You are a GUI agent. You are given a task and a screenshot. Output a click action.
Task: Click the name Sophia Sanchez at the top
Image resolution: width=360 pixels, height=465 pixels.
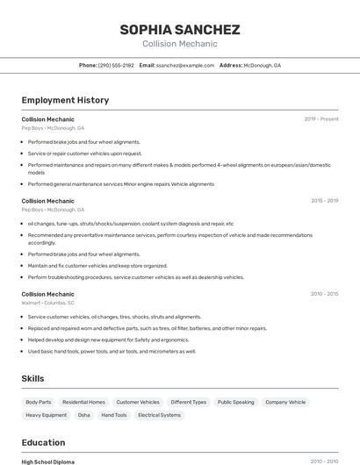180,30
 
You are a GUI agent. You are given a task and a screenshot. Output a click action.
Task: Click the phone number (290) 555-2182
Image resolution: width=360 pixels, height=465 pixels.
116,65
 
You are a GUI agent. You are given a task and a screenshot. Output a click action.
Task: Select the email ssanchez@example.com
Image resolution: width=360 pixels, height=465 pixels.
185,65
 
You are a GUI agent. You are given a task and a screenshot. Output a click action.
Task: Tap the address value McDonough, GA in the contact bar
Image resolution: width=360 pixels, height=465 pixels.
262,65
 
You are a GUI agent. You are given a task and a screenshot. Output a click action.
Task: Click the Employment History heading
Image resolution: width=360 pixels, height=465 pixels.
65,100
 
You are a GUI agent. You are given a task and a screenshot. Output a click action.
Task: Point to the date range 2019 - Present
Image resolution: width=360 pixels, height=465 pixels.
321,118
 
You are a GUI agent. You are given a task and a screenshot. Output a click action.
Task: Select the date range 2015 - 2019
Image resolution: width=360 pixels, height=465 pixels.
324,201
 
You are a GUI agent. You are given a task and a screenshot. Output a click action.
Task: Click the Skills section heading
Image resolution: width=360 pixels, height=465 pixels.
33,378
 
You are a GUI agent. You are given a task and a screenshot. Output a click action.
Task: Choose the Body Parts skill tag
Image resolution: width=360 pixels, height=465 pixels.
39,402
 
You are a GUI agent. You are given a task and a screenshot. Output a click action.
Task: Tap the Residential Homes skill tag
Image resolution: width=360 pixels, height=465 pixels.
84,402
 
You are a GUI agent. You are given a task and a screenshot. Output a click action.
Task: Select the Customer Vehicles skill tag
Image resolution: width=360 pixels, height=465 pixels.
138,402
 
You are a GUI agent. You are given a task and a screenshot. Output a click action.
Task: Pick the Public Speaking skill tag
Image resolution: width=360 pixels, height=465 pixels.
235,402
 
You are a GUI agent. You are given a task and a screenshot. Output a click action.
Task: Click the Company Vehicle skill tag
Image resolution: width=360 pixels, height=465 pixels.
285,402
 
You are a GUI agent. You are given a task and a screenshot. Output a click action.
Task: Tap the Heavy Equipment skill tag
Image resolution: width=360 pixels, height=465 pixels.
47,415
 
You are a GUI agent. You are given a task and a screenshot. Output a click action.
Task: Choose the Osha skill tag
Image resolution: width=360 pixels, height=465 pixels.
84,415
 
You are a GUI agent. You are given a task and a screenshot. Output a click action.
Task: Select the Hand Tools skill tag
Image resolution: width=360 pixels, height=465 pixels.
114,415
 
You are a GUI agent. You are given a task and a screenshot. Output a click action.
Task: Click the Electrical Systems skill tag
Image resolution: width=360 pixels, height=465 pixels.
159,415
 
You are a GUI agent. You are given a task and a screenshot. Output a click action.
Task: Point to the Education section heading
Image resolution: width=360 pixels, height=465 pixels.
43,442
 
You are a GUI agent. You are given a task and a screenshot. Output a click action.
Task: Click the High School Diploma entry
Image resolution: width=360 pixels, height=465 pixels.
48,461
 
